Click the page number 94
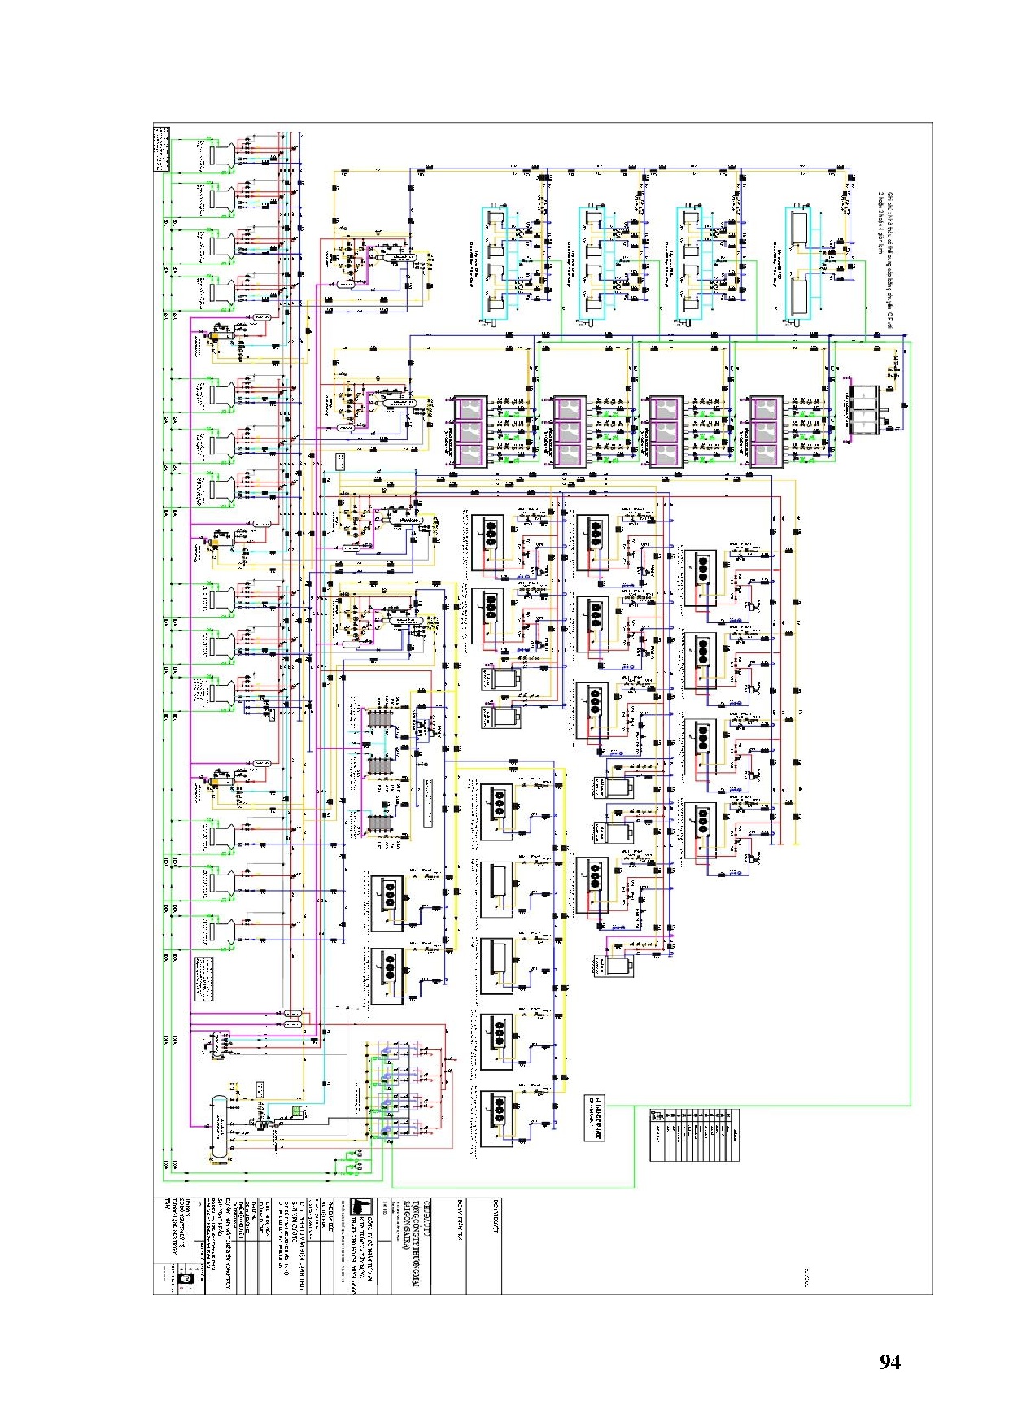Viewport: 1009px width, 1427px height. pos(889,1362)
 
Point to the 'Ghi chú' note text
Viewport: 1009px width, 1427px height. pos(885,223)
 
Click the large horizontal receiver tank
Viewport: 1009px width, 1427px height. pos(219,1127)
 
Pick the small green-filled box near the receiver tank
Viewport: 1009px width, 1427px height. pos(298,1111)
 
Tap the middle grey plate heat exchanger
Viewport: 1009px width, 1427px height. pos(379,766)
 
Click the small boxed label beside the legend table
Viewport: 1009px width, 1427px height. pos(595,1118)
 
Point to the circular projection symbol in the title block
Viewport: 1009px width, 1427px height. pos(186,1279)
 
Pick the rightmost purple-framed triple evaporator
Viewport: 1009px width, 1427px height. pos(767,432)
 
